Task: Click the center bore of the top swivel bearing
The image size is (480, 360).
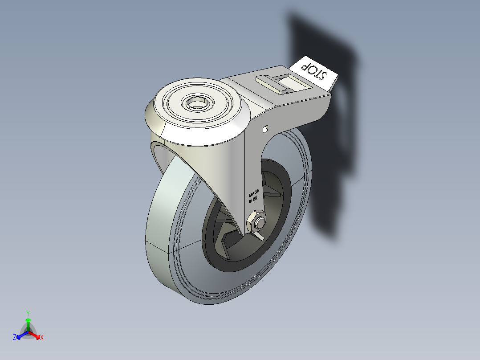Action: coord(196,104)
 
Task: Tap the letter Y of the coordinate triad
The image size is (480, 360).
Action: coord(28,313)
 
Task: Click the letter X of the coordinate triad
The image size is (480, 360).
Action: coord(42,338)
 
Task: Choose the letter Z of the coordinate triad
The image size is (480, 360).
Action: coord(15,338)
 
